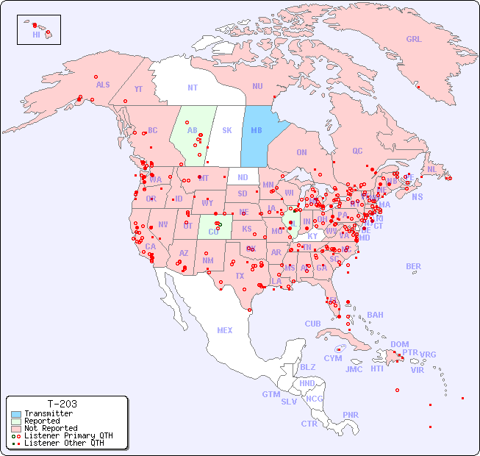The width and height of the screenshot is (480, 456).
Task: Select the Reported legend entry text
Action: coord(42,421)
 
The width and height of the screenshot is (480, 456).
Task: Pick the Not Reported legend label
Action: coord(51,428)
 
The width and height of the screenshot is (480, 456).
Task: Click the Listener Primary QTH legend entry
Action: coord(68,435)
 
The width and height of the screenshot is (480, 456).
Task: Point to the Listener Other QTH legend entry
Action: coord(64,443)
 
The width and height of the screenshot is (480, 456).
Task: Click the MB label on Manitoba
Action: coord(257,131)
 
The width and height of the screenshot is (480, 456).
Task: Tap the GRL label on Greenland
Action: coord(414,40)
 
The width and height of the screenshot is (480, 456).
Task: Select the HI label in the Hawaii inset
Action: coord(37,35)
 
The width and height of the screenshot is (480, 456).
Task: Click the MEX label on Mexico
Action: coord(225,331)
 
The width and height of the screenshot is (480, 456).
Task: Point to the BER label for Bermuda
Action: coord(414,266)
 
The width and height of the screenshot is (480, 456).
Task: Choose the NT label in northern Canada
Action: coord(193,88)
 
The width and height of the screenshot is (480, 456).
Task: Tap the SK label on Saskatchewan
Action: coord(227,131)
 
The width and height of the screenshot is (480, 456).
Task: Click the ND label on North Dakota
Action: coord(243,178)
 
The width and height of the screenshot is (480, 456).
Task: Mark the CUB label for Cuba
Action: coord(312,324)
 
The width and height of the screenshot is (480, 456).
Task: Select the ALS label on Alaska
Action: coord(103,85)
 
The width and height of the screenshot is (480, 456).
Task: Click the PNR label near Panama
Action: coord(351,415)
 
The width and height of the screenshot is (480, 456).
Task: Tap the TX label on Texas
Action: coord(240,276)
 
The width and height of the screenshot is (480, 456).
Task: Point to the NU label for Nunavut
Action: coord(257,87)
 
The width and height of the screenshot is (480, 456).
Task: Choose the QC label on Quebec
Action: coord(357,152)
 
